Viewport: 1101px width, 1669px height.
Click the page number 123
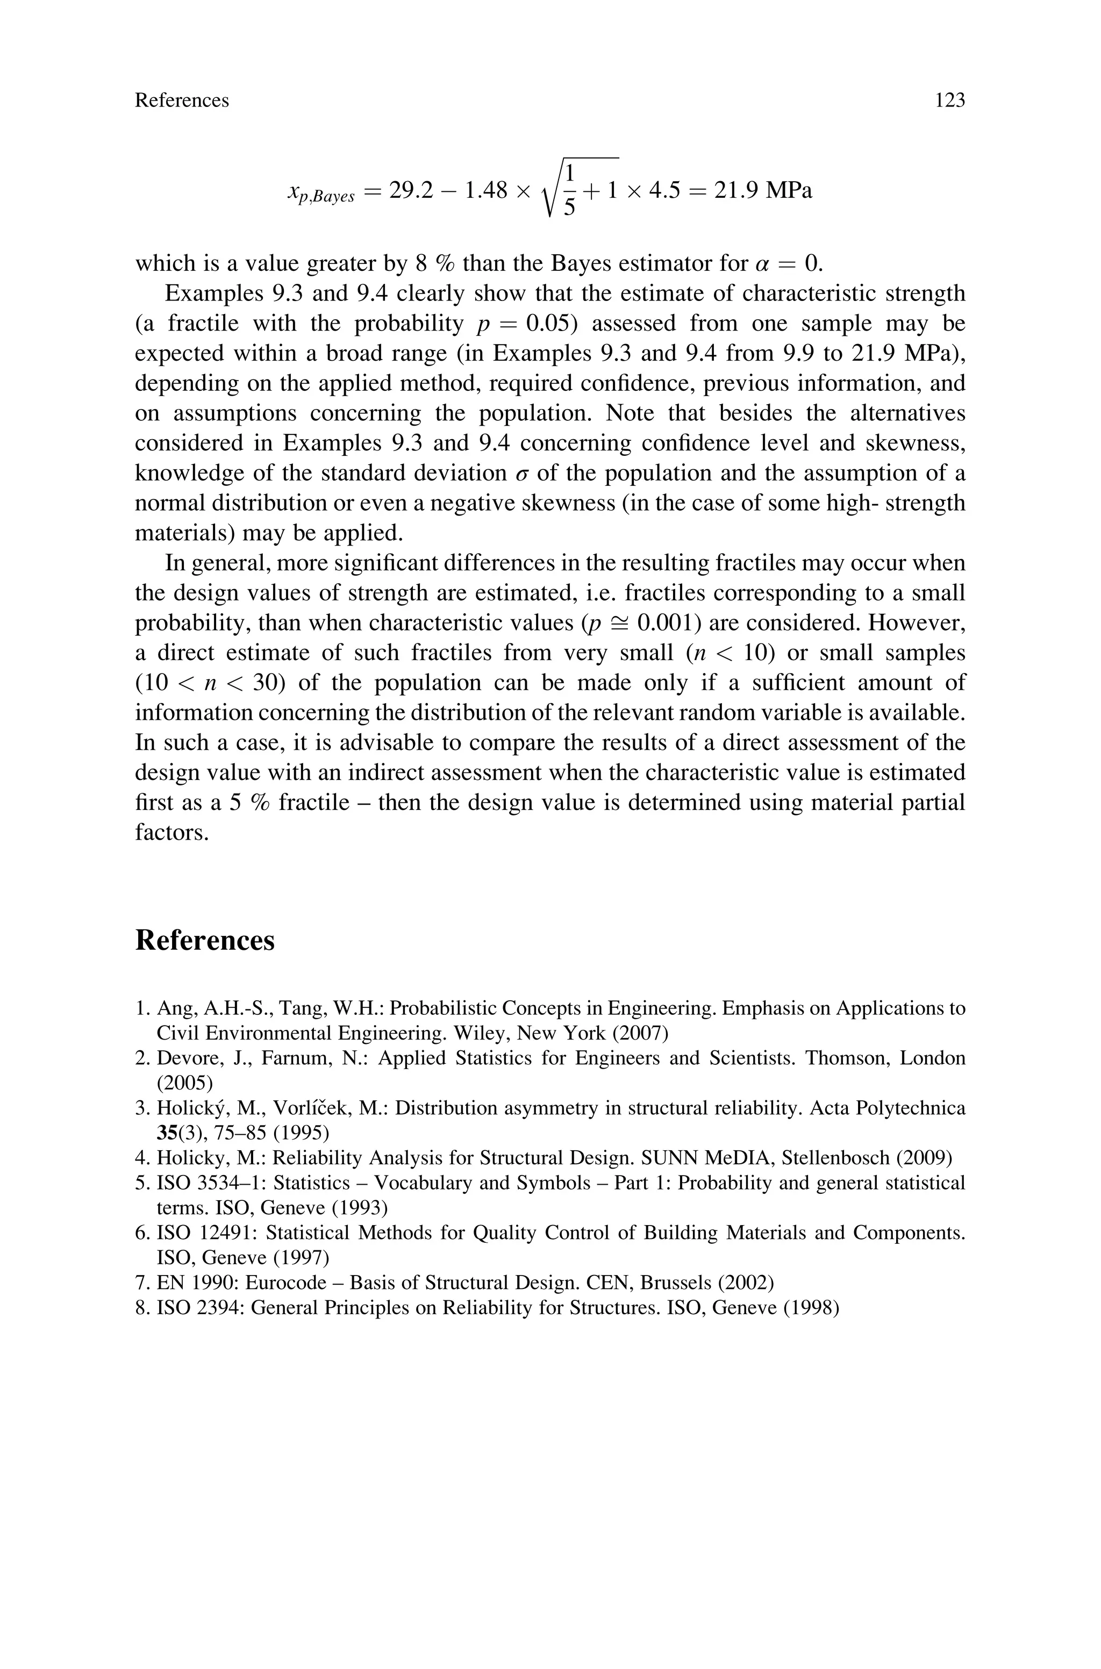point(949,101)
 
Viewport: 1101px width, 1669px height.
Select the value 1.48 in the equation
point(486,190)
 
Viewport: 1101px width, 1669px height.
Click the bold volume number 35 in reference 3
point(167,1133)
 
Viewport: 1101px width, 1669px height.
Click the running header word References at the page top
point(182,101)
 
